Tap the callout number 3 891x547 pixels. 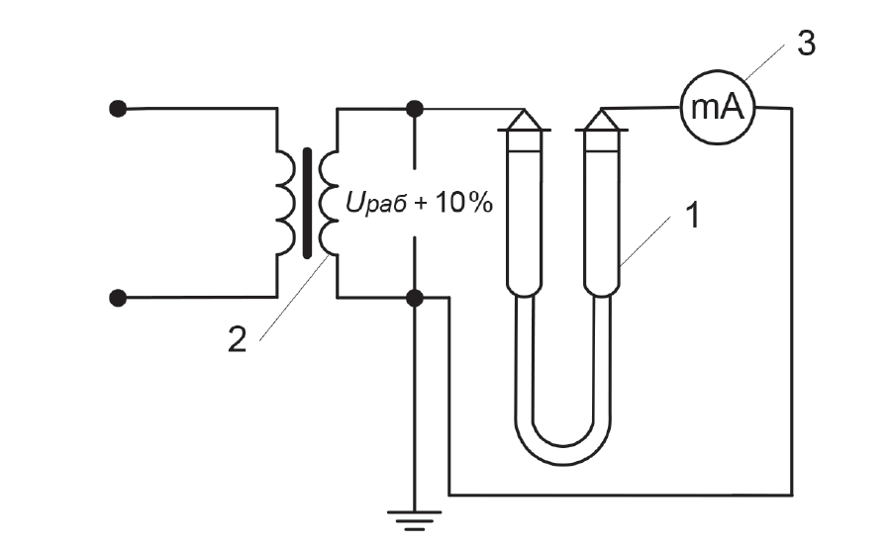806,44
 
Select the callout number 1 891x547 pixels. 693,216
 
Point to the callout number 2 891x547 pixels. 237,339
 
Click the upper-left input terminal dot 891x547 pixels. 118,108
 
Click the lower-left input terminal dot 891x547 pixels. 118,298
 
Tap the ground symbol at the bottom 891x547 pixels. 414,520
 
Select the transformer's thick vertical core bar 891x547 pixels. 308,203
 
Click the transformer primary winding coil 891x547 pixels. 286,203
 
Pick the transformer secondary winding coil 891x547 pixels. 329,203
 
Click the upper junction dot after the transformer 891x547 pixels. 415,108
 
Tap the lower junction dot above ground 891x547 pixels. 415,298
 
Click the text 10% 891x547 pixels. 463,202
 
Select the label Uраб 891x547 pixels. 375,203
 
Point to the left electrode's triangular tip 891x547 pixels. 524,120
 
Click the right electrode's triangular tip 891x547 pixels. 602,120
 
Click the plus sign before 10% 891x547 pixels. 421,204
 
